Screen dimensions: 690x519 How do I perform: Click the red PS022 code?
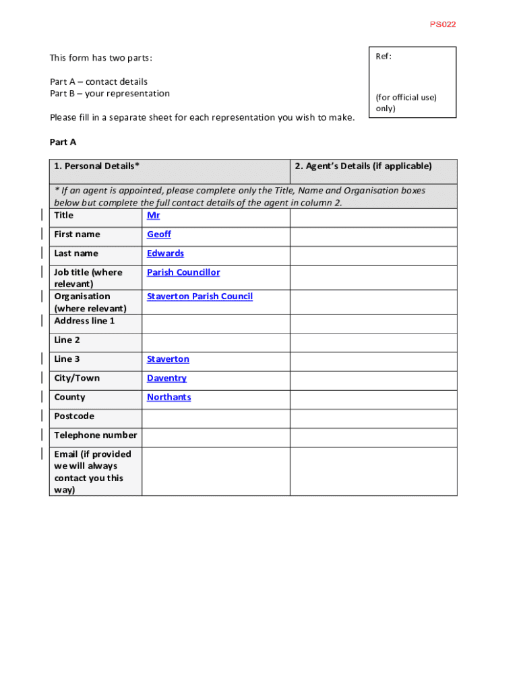click(443, 24)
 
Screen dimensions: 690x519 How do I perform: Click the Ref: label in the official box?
click(383, 57)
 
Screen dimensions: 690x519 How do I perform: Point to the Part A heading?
click(63, 142)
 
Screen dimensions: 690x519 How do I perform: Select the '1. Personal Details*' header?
click(97, 166)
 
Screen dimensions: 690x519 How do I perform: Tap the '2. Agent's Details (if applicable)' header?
click(363, 166)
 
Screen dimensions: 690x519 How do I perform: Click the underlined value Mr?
click(153, 216)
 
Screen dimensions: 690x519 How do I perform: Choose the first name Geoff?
click(159, 234)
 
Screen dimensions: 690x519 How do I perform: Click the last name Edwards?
click(165, 253)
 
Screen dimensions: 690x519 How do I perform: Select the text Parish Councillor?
click(183, 272)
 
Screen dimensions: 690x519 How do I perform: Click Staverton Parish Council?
click(200, 296)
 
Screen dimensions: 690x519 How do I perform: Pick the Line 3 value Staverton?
click(168, 359)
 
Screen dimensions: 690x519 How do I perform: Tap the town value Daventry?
click(166, 378)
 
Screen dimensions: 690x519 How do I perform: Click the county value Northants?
click(169, 397)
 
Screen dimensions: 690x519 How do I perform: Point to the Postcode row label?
click(74, 416)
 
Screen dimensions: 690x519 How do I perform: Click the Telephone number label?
click(95, 435)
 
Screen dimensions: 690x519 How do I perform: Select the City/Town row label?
click(77, 378)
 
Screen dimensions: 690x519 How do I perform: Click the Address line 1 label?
click(84, 321)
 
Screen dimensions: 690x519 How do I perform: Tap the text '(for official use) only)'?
click(406, 102)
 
